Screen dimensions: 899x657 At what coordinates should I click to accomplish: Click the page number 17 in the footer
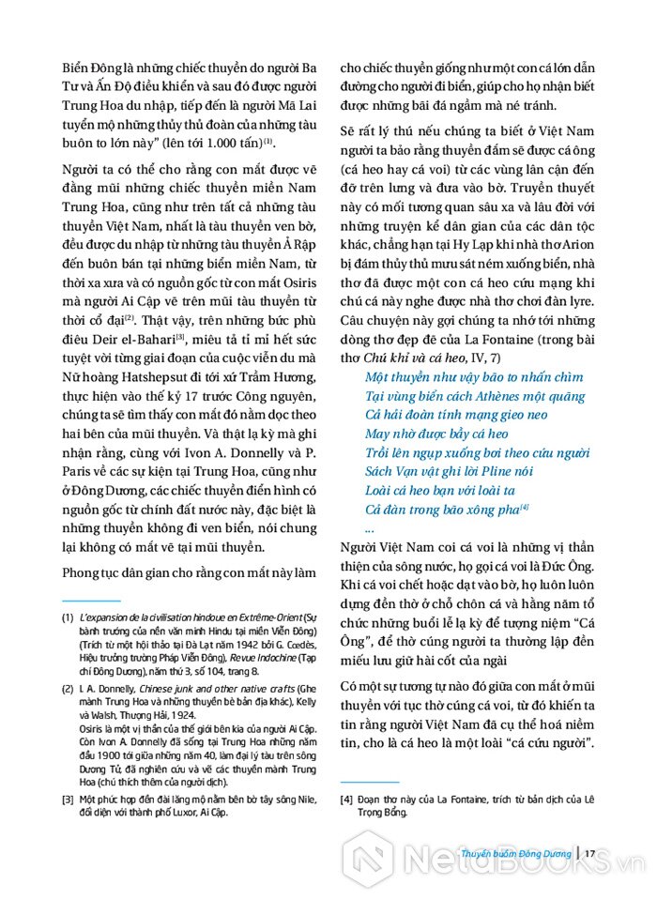coord(590,853)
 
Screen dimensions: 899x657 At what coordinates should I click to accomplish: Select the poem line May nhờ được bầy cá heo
coord(436,434)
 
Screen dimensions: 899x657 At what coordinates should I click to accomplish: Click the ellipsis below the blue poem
coord(370,528)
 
